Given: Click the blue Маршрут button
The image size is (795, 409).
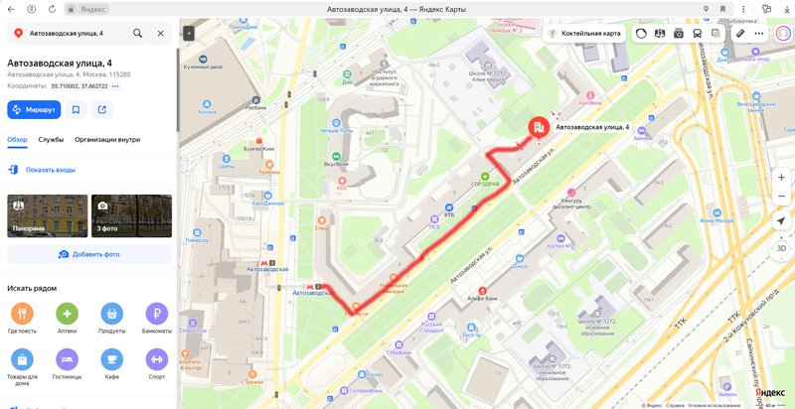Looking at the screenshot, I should pos(35,109).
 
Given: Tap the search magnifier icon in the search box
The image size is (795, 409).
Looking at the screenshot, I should pos(138,33).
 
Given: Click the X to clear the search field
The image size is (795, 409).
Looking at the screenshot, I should pos(161,33).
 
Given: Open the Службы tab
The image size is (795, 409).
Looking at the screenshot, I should pos(51,140).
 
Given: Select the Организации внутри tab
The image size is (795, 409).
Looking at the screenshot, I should pos(107,140).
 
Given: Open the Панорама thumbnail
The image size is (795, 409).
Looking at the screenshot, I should pos(46,215).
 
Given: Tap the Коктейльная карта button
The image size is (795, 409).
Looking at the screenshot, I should pos(585,33).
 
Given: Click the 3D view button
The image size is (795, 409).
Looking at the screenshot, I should pos(781,248).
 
